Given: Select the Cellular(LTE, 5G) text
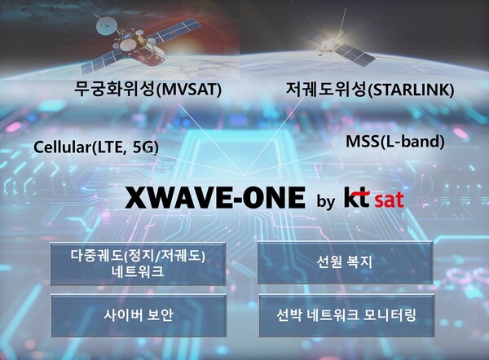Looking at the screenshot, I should pyautogui.click(x=96, y=147).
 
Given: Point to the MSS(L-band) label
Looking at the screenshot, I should pyautogui.click(x=395, y=142).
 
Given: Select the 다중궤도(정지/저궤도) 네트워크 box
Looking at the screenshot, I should pyautogui.click(x=137, y=262).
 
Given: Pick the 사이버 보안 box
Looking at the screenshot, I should pyautogui.click(x=137, y=314).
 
